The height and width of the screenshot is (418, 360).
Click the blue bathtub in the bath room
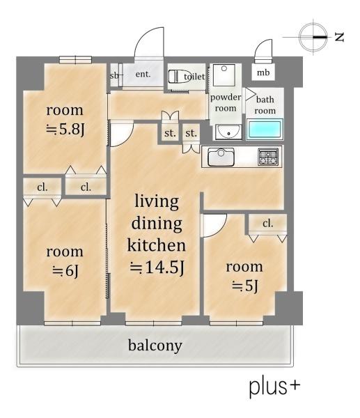coord(265,130)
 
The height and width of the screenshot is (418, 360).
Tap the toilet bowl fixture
coord(177,77)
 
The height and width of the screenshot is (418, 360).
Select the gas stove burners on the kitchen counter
coord(268,156)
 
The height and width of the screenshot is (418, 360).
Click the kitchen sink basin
coord(221,157)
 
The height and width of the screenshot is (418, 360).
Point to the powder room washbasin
coord(228,132)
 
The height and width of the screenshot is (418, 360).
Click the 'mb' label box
coord(263,72)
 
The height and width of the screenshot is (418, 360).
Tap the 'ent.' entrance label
coord(143,74)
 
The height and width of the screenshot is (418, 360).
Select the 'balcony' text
coord(155,346)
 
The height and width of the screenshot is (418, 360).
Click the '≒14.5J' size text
coord(157,268)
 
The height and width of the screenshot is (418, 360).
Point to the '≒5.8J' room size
coord(65,130)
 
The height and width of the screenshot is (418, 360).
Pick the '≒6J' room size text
coord(65,271)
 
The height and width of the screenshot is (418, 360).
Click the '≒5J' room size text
coord(245,286)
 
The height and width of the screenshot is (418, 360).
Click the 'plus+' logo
coord(274,387)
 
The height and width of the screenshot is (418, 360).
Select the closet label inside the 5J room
coord(267,224)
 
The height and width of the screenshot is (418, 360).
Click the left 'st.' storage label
coord(170,133)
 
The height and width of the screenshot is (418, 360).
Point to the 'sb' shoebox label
coord(114,76)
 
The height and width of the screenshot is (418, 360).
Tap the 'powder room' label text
coord(226,102)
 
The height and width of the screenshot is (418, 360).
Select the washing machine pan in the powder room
coord(224,75)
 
